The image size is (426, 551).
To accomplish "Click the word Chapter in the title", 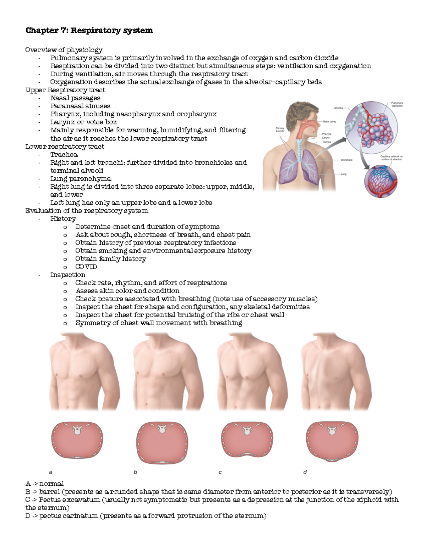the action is [x=40, y=31].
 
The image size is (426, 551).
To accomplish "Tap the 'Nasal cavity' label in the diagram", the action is [x=329, y=122].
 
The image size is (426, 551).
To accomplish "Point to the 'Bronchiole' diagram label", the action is [x=346, y=160].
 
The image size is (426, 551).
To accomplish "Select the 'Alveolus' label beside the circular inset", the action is [x=338, y=108].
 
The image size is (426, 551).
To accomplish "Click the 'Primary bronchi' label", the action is [x=280, y=130].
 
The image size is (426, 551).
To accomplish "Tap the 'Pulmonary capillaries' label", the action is [x=397, y=104].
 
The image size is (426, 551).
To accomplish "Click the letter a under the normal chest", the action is [x=50, y=472].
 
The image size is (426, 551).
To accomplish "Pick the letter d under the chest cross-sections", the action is [x=305, y=472].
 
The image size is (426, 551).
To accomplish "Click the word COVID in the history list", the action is [x=86, y=267].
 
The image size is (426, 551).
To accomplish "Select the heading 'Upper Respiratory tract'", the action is [x=65, y=90].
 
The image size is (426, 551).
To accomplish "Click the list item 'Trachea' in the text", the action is [x=64, y=155].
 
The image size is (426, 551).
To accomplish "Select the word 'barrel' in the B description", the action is [x=49, y=492].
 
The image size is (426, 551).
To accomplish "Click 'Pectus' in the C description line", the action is [x=50, y=500].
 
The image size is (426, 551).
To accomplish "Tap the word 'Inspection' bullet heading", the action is [x=68, y=275].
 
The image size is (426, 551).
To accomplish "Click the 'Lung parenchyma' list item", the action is [x=81, y=179].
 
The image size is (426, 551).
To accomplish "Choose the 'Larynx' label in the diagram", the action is [x=326, y=138].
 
